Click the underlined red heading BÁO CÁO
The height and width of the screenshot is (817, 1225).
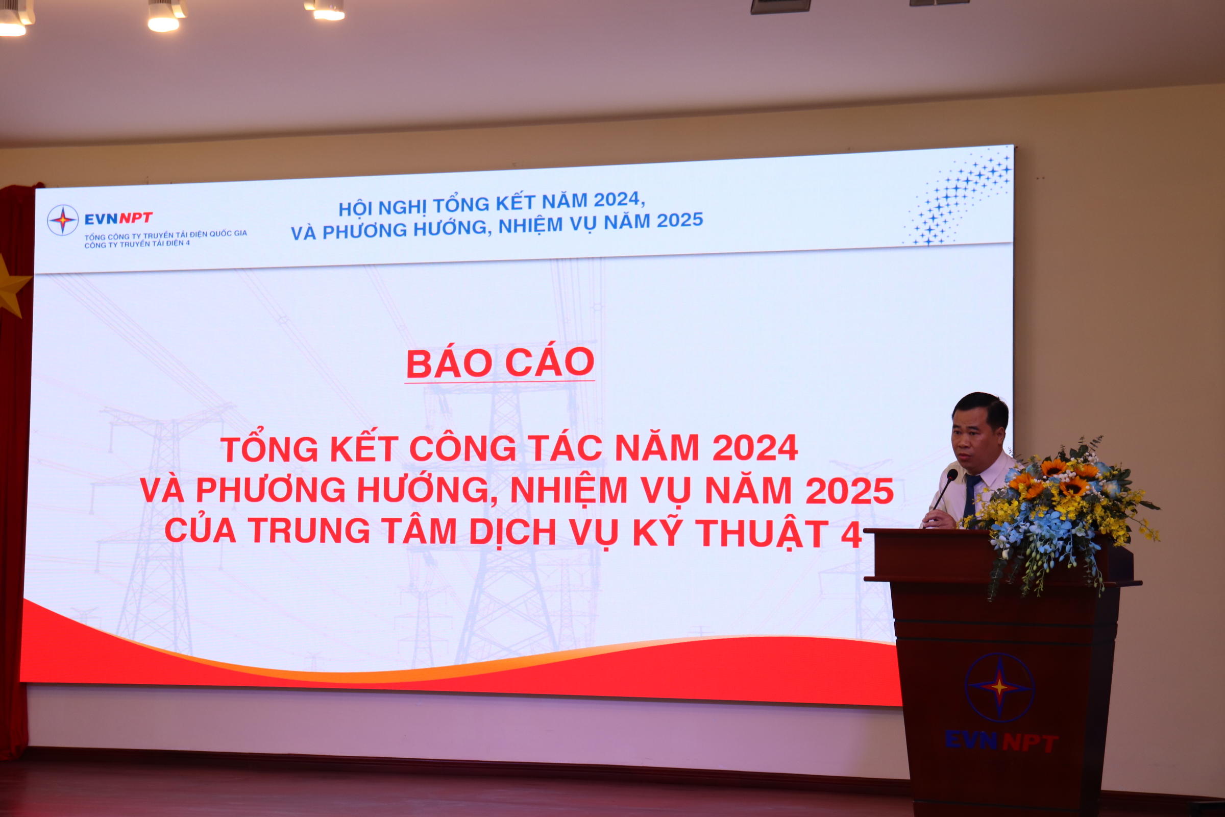[500, 363]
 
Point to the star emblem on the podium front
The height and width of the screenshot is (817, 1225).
[999, 687]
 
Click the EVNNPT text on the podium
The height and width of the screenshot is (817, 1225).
[1001, 741]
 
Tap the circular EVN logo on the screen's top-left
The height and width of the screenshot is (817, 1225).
[63, 220]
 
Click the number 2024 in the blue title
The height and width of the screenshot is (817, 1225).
[617, 200]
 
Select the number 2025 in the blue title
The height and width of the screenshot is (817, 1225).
[680, 221]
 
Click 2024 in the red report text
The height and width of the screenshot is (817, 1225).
[755, 448]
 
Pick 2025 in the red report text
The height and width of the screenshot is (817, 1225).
[849, 491]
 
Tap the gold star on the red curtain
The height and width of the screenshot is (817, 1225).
[12, 286]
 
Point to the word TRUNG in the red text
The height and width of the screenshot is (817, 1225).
[309, 531]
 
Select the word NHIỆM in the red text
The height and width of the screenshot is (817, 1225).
[569, 491]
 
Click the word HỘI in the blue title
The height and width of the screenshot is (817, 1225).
[356, 208]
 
